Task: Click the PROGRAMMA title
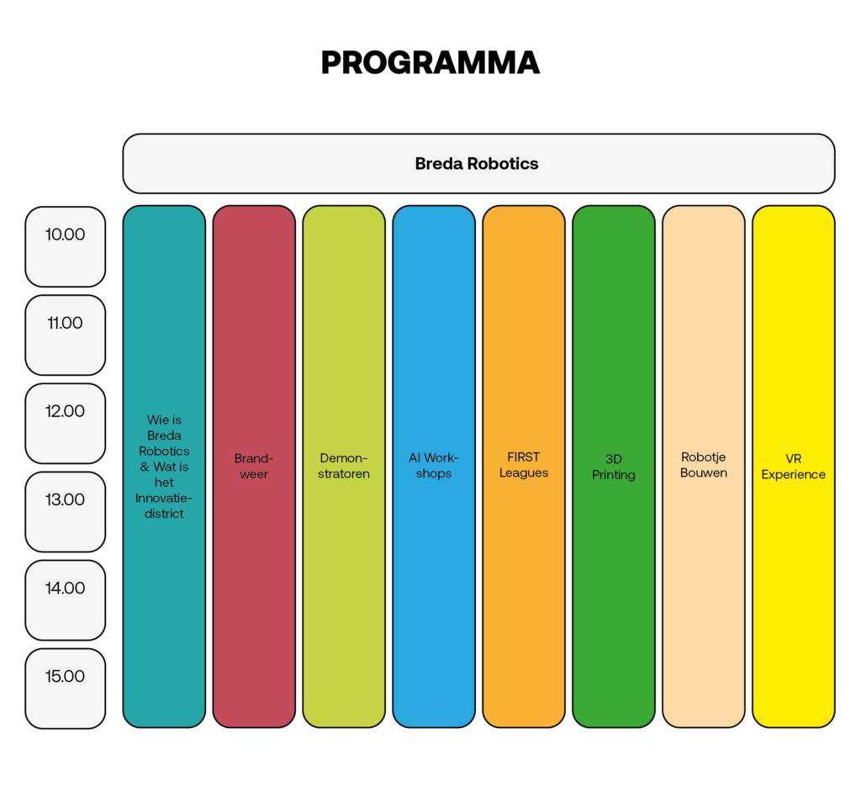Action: [x=430, y=62]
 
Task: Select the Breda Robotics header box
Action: [x=478, y=164]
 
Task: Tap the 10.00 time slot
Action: [x=66, y=246]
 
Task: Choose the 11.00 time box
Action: [x=66, y=335]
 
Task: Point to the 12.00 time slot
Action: [x=66, y=423]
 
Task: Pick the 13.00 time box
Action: [x=66, y=511]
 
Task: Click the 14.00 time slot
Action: [x=66, y=600]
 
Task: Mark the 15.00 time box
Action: [x=66, y=689]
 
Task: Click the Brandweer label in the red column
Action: [x=254, y=466]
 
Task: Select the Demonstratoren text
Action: [x=344, y=466]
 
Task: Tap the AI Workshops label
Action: [x=434, y=466]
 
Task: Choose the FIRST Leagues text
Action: [x=523, y=465]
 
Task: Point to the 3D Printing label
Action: [x=613, y=467]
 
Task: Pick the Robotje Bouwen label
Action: [x=704, y=465]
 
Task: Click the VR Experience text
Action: [x=794, y=467]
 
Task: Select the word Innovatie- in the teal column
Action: [x=164, y=498]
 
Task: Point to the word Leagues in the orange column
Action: [x=523, y=473]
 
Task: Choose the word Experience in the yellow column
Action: [x=794, y=475]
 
